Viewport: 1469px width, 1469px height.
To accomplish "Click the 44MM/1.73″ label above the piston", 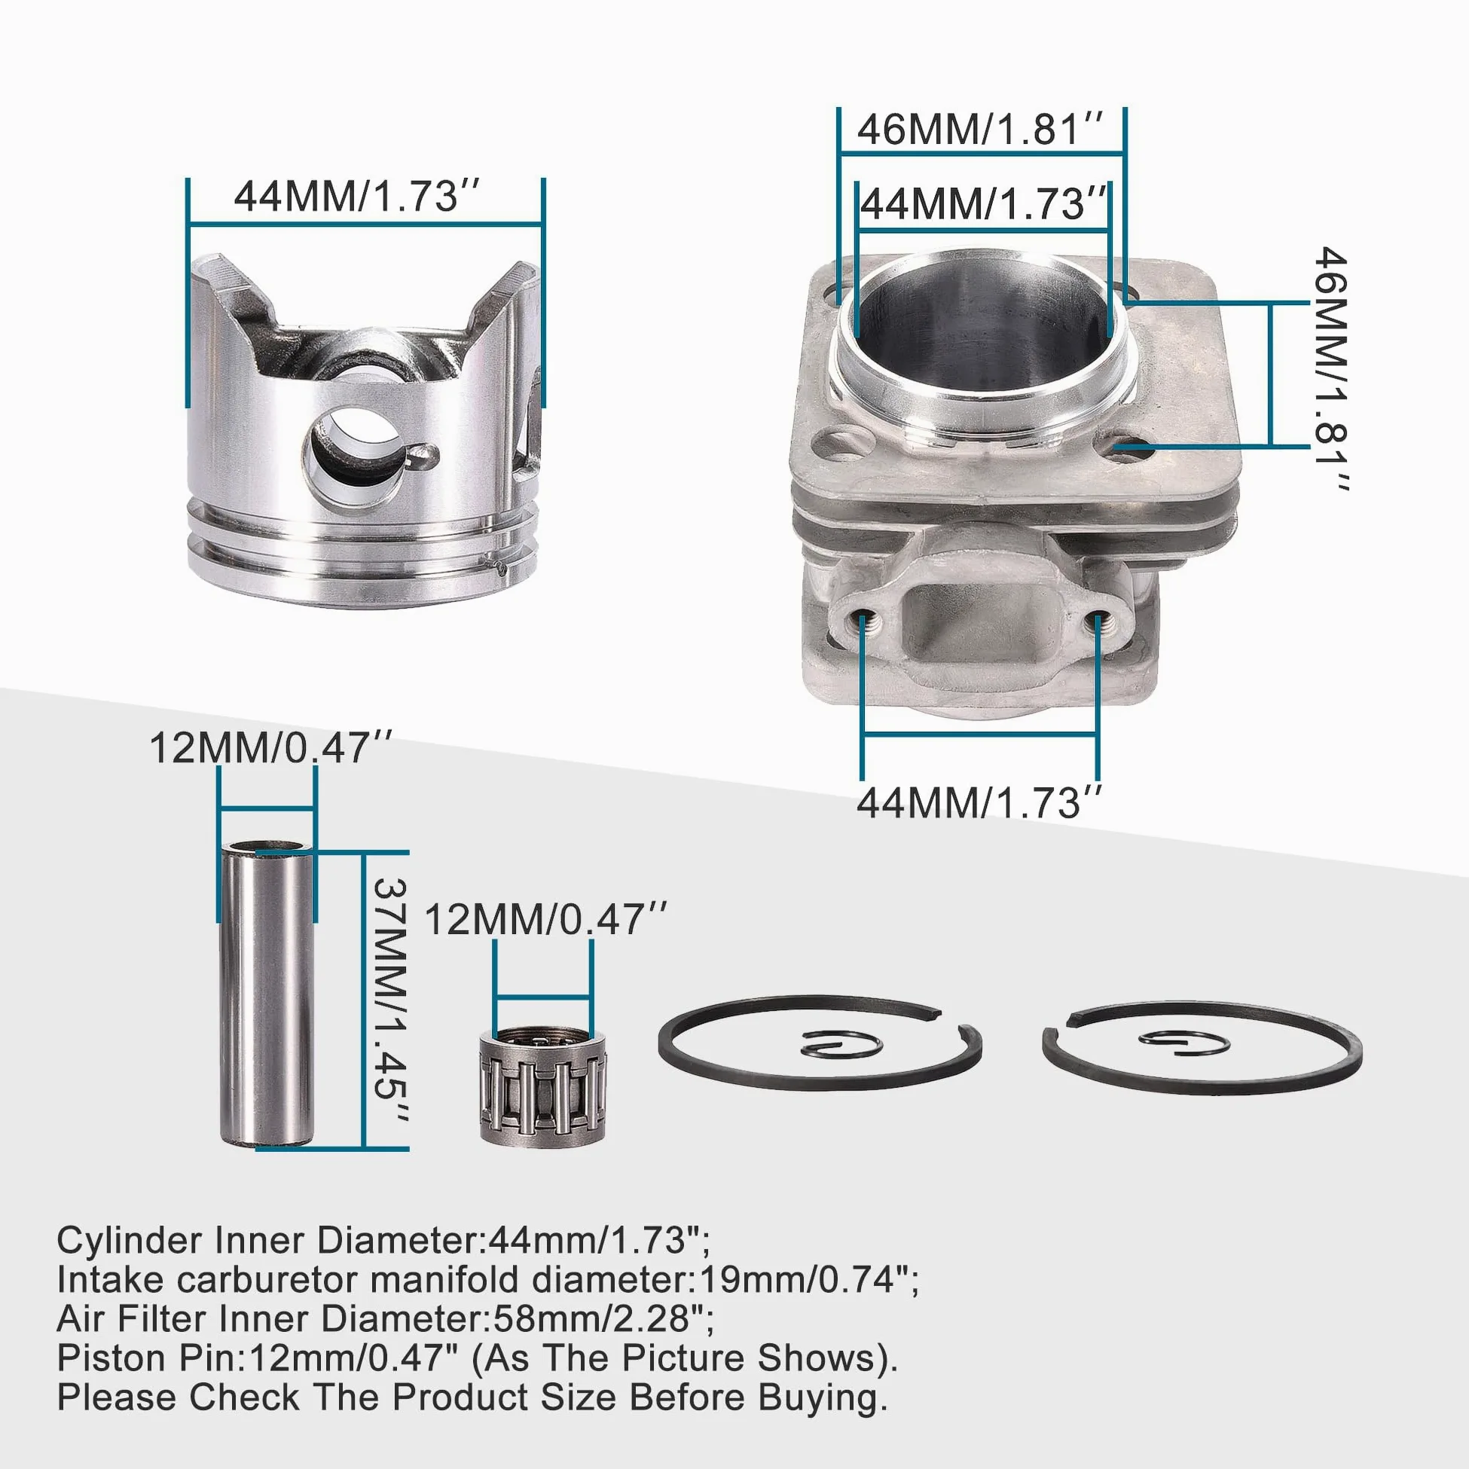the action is point(356,196).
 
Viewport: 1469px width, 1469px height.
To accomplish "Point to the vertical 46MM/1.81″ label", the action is point(1330,368).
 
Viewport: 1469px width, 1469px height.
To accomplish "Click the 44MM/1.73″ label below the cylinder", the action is point(979,802).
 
